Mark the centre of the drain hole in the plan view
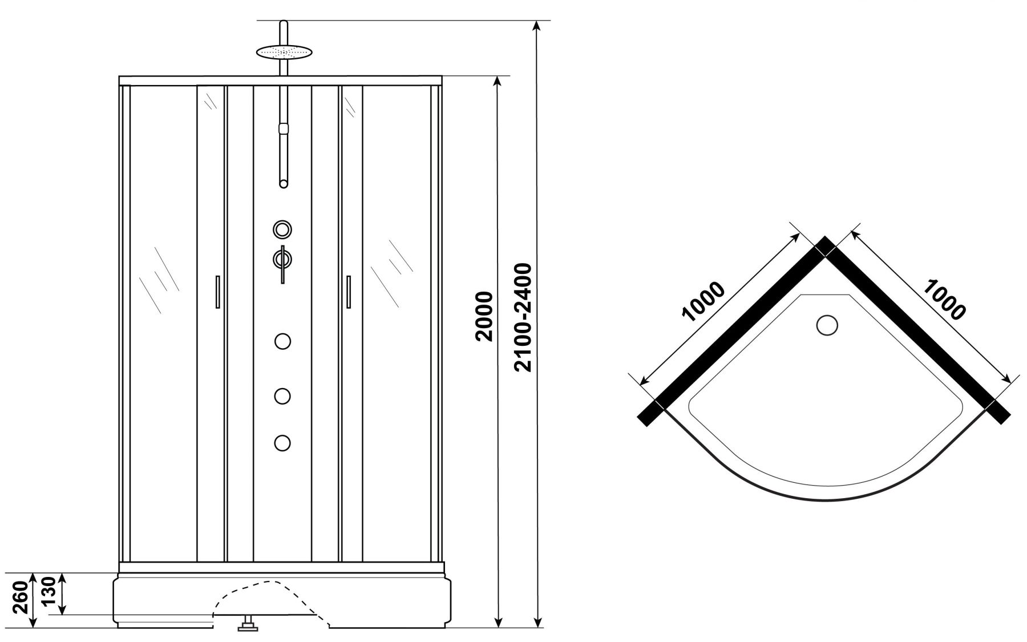coord(827,325)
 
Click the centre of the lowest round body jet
coord(282,443)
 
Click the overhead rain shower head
coord(285,52)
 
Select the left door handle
coord(218,292)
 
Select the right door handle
coord(348,292)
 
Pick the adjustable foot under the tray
coord(248,624)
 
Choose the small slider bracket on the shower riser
coord(282,128)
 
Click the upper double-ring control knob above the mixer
coord(282,230)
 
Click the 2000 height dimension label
coord(484,317)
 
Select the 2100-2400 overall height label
coord(523,317)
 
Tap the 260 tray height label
coord(20,597)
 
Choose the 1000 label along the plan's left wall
coord(703,302)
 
